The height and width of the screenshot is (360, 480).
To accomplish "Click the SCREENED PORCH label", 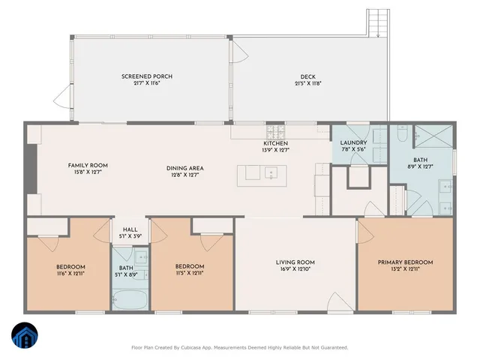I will pos(142,76).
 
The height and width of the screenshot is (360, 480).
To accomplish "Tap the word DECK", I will pos(308,76).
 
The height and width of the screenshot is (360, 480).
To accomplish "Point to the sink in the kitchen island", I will pos(269,173).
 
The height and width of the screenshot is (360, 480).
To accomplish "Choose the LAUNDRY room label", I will pos(353,142).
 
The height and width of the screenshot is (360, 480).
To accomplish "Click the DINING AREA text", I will pos(185,168).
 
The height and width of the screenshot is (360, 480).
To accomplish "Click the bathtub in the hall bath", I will pos(130,301).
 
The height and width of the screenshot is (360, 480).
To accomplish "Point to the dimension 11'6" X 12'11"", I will pos(70,274).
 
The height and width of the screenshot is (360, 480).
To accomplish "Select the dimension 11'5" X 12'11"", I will pos(190,274).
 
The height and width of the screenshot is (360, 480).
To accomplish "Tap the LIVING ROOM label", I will pos(295,262).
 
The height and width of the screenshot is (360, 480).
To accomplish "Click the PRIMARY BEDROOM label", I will pos(405,262).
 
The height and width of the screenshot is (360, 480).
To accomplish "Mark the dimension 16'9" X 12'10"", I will pos(295,269).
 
